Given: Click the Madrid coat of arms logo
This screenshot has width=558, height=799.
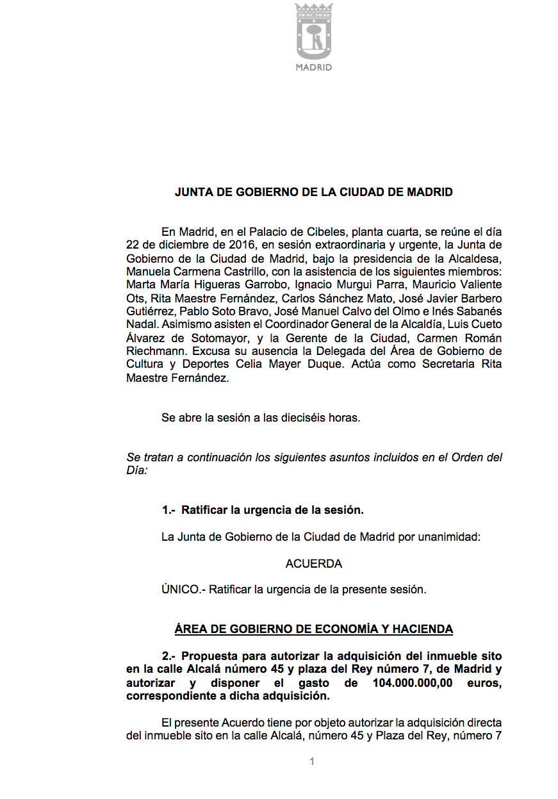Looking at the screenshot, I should (x=314, y=31).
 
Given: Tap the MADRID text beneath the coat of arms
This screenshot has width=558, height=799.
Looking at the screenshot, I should (x=314, y=67).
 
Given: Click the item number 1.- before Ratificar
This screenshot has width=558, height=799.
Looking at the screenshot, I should (x=168, y=511).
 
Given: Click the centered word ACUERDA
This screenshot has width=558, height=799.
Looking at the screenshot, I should (x=314, y=564).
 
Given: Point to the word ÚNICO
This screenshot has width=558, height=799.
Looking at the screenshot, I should (x=181, y=589).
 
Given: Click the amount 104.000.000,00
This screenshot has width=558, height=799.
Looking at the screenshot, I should (x=413, y=683).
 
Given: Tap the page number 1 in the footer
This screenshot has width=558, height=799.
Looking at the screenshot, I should (x=312, y=762).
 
